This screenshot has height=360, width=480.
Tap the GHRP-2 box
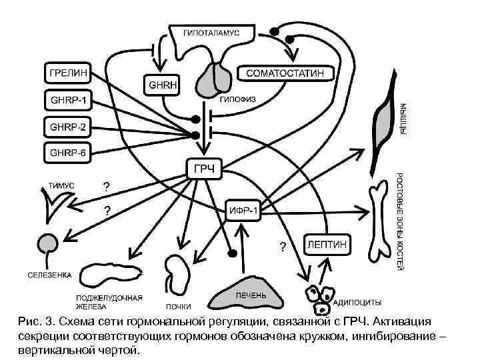[x=68, y=126]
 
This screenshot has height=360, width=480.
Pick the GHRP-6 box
[x=68, y=152]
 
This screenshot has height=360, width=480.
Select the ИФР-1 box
[x=243, y=211]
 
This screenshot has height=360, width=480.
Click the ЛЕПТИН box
[x=327, y=245]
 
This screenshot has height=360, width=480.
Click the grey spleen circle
[x=47, y=244]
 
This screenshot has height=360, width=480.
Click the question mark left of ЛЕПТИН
[x=283, y=248]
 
